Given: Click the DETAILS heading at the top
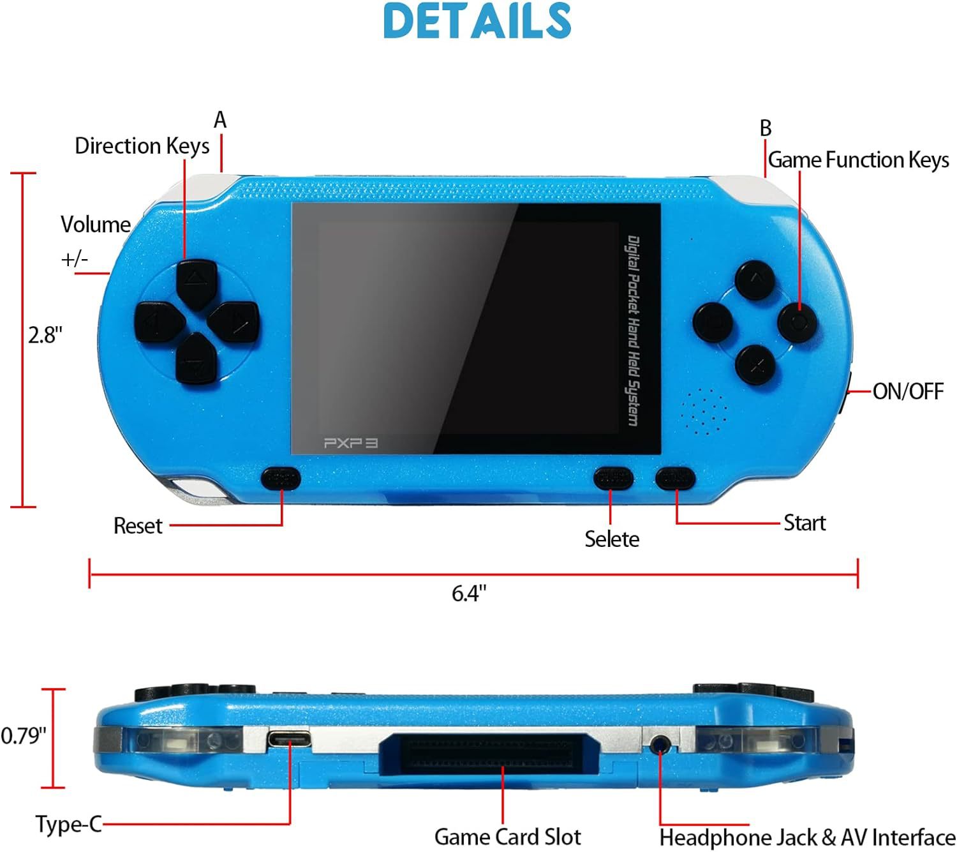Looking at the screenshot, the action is [477, 20].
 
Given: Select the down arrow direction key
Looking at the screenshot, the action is [194, 360].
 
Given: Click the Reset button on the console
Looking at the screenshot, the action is [281, 478].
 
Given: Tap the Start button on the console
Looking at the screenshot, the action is [675, 477].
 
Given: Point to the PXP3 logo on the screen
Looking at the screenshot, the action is [350, 442].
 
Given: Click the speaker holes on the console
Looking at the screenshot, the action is [704, 410].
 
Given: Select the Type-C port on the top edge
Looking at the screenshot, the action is [289, 740].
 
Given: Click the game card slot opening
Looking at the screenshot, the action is [489, 752].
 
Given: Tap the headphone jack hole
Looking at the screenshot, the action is [661, 744].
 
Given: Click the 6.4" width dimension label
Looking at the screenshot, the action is [469, 594].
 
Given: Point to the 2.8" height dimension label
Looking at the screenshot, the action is [45, 335].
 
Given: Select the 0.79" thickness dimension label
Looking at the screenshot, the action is [24, 736].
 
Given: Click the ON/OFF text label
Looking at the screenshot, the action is [908, 391].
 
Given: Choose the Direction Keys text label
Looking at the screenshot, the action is [142, 146].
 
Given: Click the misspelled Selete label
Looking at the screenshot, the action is [612, 539].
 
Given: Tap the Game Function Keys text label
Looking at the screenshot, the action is [858, 160].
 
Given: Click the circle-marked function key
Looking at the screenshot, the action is [797, 322].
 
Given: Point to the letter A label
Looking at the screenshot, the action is [220, 120].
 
